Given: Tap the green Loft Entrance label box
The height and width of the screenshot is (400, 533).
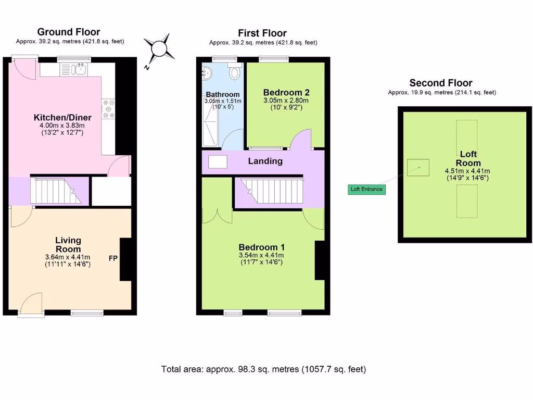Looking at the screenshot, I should click(367, 189).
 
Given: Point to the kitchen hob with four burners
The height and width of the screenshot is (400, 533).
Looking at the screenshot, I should click(109, 109).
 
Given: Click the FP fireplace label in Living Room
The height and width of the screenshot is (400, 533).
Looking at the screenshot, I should click(112, 258).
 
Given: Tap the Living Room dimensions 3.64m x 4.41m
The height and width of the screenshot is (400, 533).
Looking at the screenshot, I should click(68, 257).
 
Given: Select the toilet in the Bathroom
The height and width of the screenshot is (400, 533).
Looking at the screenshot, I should click(234, 72).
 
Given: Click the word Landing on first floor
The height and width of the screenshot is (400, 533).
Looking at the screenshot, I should click(265, 161).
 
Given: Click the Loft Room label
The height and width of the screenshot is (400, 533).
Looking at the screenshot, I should click(467, 158).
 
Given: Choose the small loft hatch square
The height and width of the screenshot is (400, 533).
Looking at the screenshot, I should click(418, 167).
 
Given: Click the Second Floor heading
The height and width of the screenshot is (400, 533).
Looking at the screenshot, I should click(440, 83).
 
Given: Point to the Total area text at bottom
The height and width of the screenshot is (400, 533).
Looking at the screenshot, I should click(263, 369).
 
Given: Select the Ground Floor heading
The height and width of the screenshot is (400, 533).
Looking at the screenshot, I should click(69, 32).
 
